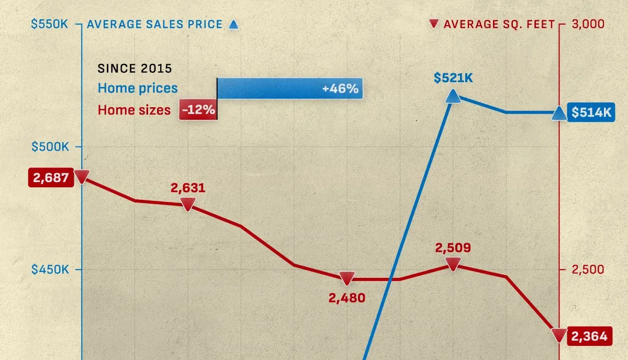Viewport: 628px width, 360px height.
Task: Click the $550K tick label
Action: click(x=50, y=24)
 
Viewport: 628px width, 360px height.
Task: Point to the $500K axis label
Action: click(x=50, y=147)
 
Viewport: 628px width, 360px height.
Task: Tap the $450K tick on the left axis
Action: click(x=50, y=269)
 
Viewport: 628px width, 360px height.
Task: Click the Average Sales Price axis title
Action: click(x=154, y=25)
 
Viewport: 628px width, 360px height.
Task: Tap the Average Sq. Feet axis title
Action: click(x=499, y=25)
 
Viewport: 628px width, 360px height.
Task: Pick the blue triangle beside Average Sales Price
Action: click(x=233, y=24)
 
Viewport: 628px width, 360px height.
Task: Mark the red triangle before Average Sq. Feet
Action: click(x=433, y=24)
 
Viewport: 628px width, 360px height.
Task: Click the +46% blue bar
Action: click(x=289, y=88)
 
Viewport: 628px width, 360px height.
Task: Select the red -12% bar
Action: click(x=198, y=110)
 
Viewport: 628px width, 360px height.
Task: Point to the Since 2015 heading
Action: click(x=135, y=69)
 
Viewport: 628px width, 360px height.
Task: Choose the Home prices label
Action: click(x=138, y=88)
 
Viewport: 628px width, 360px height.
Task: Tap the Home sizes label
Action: click(x=134, y=110)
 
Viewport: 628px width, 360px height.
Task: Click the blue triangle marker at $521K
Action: click(x=453, y=96)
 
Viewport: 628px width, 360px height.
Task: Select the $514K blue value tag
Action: click(x=591, y=113)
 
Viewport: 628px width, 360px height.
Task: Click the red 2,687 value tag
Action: click(x=51, y=178)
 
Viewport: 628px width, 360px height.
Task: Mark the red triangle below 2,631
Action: click(x=188, y=204)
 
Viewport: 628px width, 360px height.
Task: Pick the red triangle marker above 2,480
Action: click(x=347, y=278)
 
